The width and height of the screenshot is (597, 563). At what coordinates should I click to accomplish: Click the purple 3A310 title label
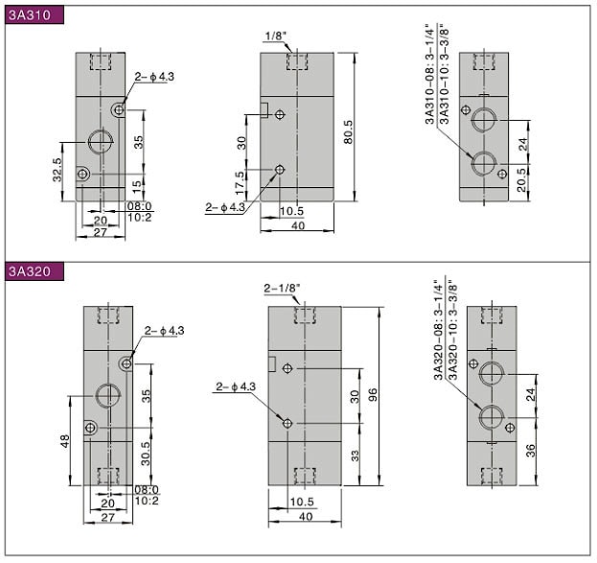(x=34, y=14)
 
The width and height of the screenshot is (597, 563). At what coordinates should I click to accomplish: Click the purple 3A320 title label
(x=34, y=271)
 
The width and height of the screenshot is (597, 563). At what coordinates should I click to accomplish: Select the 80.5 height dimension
(x=348, y=132)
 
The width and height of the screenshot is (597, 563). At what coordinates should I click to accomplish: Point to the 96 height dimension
(x=373, y=394)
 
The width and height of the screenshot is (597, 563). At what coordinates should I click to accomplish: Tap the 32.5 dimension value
(x=57, y=170)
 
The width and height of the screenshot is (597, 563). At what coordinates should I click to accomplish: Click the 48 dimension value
(x=65, y=441)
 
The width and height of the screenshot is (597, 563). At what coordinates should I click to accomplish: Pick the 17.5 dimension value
(x=240, y=183)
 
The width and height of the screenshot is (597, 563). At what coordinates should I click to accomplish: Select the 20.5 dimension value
(x=522, y=180)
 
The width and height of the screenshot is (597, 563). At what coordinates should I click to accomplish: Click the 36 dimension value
(x=530, y=451)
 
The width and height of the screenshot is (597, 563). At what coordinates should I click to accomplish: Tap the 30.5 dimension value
(x=146, y=454)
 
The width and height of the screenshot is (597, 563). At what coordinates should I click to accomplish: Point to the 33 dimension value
(x=355, y=456)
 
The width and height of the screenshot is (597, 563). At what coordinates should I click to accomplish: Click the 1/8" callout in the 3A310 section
(x=275, y=36)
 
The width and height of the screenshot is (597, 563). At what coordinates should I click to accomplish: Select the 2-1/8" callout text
(x=282, y=288)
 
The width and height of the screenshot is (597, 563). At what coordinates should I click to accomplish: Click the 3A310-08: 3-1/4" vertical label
(x=429, y=74)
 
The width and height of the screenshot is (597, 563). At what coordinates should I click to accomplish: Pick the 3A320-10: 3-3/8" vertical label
(x=452, y=330)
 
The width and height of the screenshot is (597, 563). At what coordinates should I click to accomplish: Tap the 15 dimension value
(x=137, y=185)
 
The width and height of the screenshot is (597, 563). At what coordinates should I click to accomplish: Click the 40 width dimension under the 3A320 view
(x=306, y=517)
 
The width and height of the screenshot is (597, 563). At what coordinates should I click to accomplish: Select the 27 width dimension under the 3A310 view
(x=100, y=232)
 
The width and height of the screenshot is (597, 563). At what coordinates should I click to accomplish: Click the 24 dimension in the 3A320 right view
(x=530, y=394)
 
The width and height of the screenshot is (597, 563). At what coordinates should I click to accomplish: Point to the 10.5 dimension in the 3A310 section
(x=291, y=211)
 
